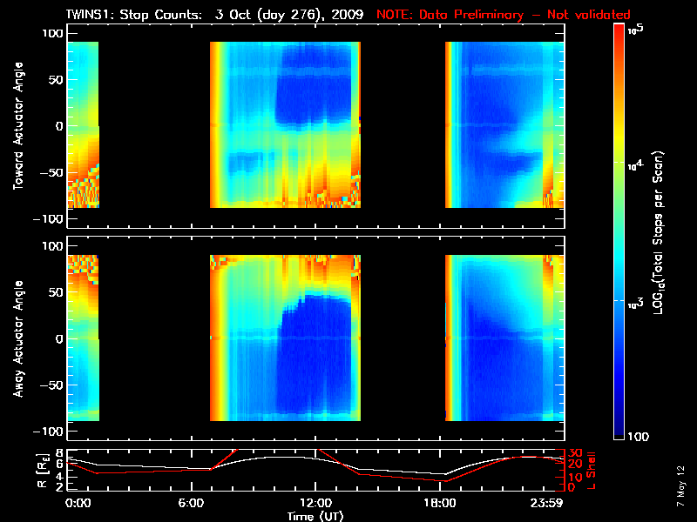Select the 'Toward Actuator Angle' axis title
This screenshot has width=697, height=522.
click(17, 126)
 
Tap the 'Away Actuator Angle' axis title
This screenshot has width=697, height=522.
click(17, 339)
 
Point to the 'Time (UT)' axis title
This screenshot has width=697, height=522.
click(315, 516)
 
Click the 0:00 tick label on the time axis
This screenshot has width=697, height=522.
click(78, 503)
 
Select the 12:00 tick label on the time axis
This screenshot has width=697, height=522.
click(315, 503)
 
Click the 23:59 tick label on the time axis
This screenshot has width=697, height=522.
click(547, 503)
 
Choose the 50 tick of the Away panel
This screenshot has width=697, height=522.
click(53, 292)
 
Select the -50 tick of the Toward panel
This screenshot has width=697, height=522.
click(50, 173)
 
